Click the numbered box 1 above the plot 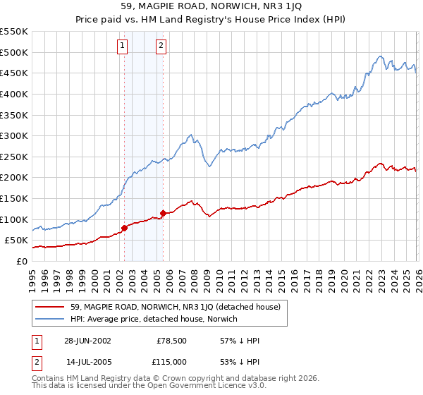pos(123,46)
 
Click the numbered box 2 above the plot pos(161,46)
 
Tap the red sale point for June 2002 pos(125,228)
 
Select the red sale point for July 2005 pos(163,212)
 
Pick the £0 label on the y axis pos(21,261)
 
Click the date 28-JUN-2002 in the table pos(87,340)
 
